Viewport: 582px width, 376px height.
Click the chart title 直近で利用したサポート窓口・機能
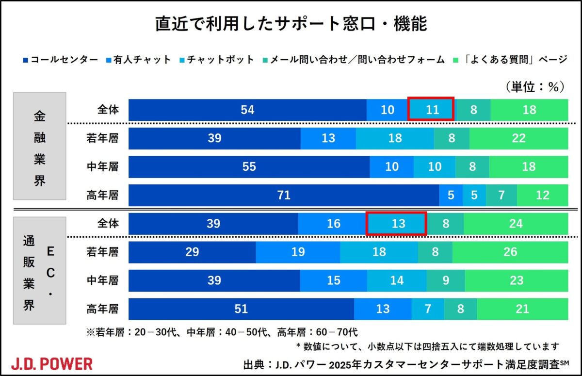pyautogui.click(x=291, y=24)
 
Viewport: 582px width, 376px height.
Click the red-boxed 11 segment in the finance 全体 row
pyautogui.click(x=431, y=110)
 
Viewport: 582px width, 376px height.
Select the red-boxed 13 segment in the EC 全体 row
pyautogui.click(x=397, y=224)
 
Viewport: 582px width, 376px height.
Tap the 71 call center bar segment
pyautogui.click(x=284, y=195)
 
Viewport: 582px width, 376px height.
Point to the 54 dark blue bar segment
pyautogui.click(x=247, y=110)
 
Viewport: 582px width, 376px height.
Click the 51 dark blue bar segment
pyautogui.click(x=241, y=309)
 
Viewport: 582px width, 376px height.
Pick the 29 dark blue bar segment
pyautogui.click(x=192, y=252)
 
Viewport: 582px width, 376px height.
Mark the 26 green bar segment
pyautogui.click(x=510, y=252)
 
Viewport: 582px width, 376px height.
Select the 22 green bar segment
pyautogui.click(x=518, y=138)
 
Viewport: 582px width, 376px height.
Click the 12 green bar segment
pyautogui.click(x=542, y=195)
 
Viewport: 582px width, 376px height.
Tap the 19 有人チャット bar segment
pyautogui.click(x=298, y=252)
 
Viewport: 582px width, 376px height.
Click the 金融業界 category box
pyautogui.click(x=40, y=146)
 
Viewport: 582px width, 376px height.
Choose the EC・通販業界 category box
pyautogui.click(x=40, y=270)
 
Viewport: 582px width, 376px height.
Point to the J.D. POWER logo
pyautogui.click(x=51, y=363)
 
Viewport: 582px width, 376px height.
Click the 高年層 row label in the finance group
pyautogui.click(x=103, y=195)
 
